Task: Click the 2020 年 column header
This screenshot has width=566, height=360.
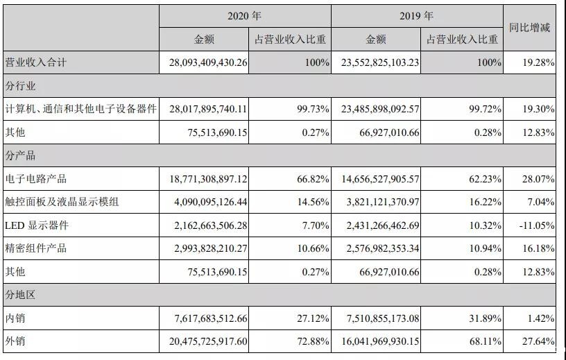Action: click(x=245, y=15)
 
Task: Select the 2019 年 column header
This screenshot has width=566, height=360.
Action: click(x=417, y=15)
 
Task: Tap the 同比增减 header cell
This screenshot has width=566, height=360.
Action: click(x=529, y=28)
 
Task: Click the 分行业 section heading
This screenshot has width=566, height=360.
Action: click(x=20, y=86)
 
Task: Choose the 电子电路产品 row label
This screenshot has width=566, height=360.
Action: click(x=35, y=179)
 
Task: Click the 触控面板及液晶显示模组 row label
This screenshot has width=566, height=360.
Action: click(x=62, y=202)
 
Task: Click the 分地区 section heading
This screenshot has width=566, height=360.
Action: click(x=20, y=295)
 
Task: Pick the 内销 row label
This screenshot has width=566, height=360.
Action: click(x=15, y=318)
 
